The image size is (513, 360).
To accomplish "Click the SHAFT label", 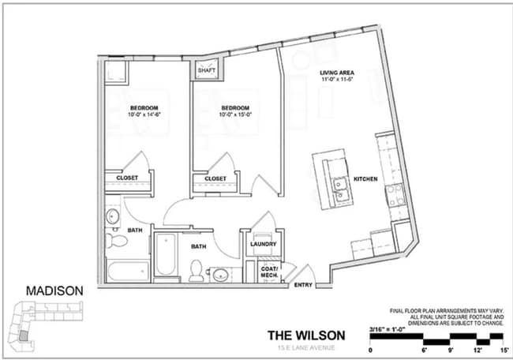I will [x=206, y=70].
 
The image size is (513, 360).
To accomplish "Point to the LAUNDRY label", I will [x=263, y=244].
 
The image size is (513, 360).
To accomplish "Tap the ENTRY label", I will [x=303, y=285].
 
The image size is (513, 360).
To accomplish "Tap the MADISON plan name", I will [x=54, y=291].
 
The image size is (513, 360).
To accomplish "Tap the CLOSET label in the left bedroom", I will [x=128, y=178].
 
